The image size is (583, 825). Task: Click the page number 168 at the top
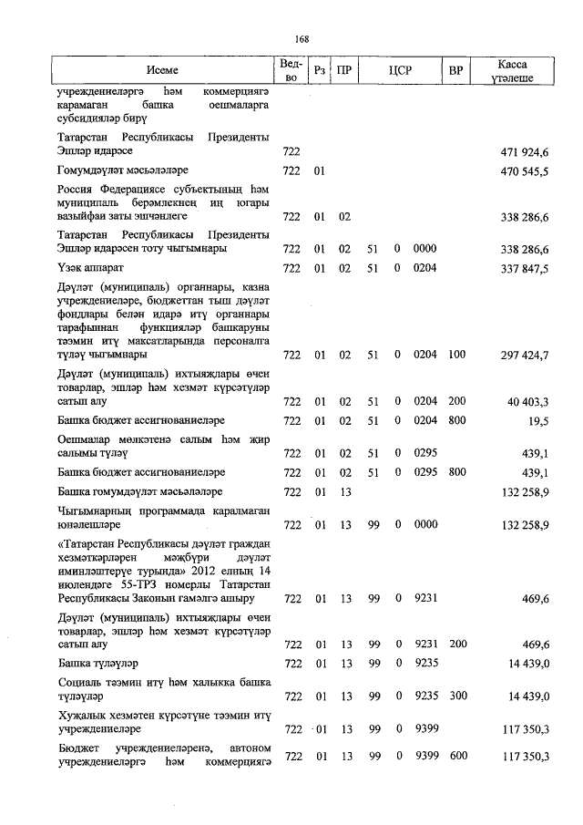coord(302,38)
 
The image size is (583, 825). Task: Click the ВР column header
coord(456,70)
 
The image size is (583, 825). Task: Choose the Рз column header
coord(319,70)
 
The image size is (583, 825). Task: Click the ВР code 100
coord(456,354)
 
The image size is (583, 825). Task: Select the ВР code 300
coord(456,696)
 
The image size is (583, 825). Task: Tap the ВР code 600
coord(456,757)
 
